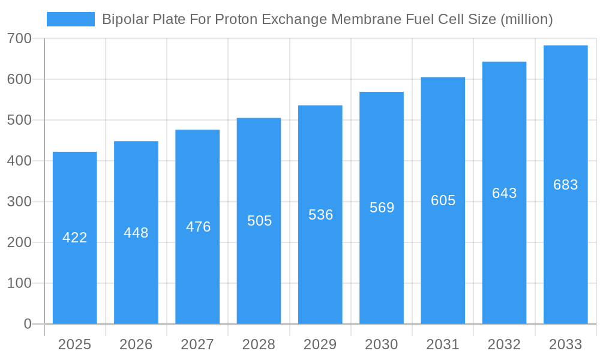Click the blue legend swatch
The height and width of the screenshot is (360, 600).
70,19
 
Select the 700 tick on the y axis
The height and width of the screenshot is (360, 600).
19,39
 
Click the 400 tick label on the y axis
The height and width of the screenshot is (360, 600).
19,161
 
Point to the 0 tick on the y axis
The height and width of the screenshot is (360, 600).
28,324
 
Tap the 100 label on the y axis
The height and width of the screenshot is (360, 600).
19,283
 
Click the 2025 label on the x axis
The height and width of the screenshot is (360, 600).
74,344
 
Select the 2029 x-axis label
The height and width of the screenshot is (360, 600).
320,344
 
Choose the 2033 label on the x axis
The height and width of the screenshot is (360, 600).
565,344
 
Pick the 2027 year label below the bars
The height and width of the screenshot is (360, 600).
197,344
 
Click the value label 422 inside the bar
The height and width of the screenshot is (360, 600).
75,238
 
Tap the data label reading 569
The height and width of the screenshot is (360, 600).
382,208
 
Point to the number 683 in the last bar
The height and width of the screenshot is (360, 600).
565,185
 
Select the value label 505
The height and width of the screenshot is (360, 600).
259,221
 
